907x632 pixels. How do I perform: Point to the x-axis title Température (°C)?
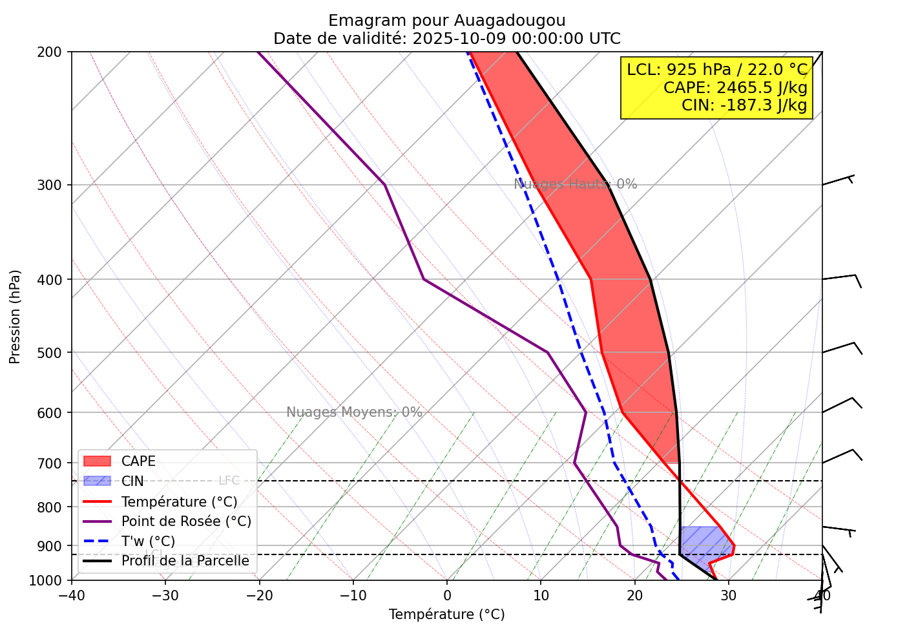(x=446, y=615)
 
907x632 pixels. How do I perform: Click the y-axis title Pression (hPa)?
(x=15, y=317)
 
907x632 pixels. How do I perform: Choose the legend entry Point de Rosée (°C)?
(x=186, y=521)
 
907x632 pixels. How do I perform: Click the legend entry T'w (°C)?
(x=148, y=542)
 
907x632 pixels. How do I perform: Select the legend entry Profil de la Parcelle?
(x=185, y=561)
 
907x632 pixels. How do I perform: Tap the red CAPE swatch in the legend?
(x=98, y=461)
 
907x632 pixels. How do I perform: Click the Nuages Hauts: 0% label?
(x=575, y=184)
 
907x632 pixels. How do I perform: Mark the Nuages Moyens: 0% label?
(x=354, y=412)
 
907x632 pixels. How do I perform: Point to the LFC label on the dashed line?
(x=229, y=481)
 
